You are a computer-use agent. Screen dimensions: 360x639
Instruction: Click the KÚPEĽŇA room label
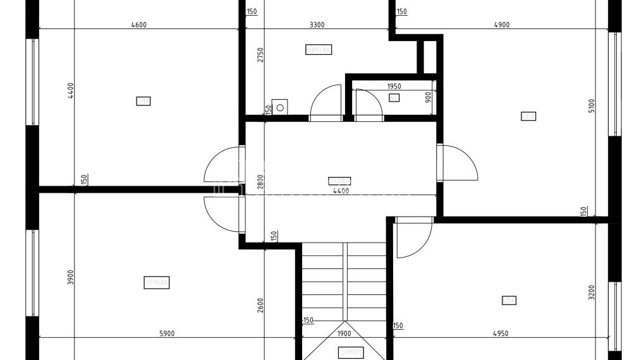pos(319,49)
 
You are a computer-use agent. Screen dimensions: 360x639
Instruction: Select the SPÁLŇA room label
pos(157,283)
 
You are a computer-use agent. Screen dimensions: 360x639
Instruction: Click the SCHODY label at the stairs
pos(350,352)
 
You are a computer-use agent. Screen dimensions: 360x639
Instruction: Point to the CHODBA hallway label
pos(339,181)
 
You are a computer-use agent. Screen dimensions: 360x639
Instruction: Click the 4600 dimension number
pos(138,25)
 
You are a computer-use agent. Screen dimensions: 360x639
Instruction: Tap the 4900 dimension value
pos(501,25)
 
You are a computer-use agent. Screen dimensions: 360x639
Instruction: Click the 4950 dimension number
pos(500,333)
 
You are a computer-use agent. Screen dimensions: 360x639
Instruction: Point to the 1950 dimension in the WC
pos(393,87)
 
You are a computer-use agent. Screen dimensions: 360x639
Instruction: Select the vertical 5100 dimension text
pos(592,105)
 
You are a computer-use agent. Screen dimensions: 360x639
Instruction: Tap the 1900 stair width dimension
pos(344,333)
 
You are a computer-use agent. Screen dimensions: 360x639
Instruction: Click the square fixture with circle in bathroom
pos(279,107)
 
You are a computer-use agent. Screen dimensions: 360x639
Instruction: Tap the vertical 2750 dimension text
pos(259,54)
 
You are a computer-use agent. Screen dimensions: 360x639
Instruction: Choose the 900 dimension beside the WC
pos(428,97)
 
